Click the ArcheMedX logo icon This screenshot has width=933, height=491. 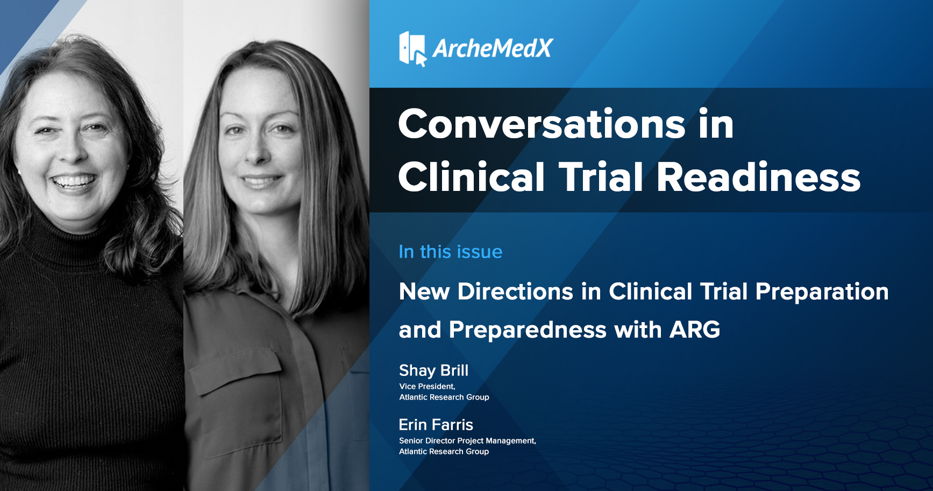coord(412,48)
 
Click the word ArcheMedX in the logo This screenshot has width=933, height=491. coord(493,48)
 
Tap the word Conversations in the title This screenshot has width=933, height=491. coord(542,124)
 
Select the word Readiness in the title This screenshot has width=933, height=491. coord(759,177)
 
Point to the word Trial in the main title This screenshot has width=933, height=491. coord(601,177)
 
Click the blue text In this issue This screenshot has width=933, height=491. coord(451,252)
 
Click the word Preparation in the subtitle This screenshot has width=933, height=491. coord(822,292)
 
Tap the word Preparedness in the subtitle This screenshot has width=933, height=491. coord(528,330)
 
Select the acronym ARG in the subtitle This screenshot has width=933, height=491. coord(695,330)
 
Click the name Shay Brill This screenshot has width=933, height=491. coord(433,371)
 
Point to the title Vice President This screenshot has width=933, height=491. coord(427,386)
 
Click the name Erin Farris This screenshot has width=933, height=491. coord(436,425)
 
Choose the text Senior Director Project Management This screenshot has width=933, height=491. coord(467,440)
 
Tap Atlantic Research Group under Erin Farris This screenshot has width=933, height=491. coord(444,451)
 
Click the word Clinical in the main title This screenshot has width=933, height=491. coord(472,177)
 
